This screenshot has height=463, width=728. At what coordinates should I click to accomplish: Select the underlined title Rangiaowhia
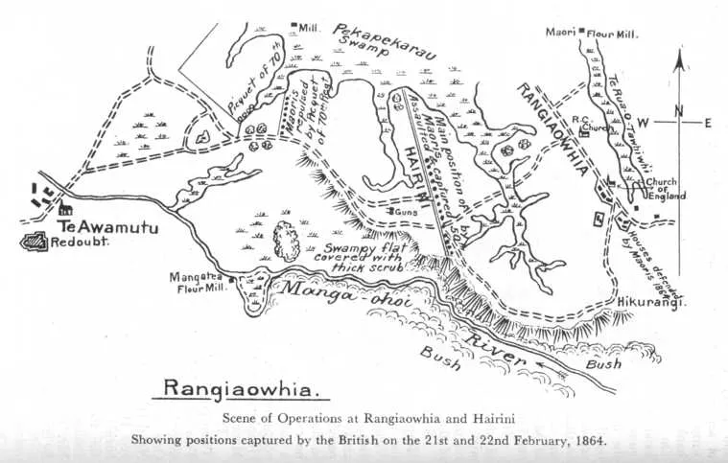(x=246, y=388)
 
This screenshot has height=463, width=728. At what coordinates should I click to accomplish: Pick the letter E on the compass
(x=708, y=122)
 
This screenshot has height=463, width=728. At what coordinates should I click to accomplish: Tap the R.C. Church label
(x=586, y=124)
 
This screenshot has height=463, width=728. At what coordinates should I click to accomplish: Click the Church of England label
(x=661, y=189)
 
